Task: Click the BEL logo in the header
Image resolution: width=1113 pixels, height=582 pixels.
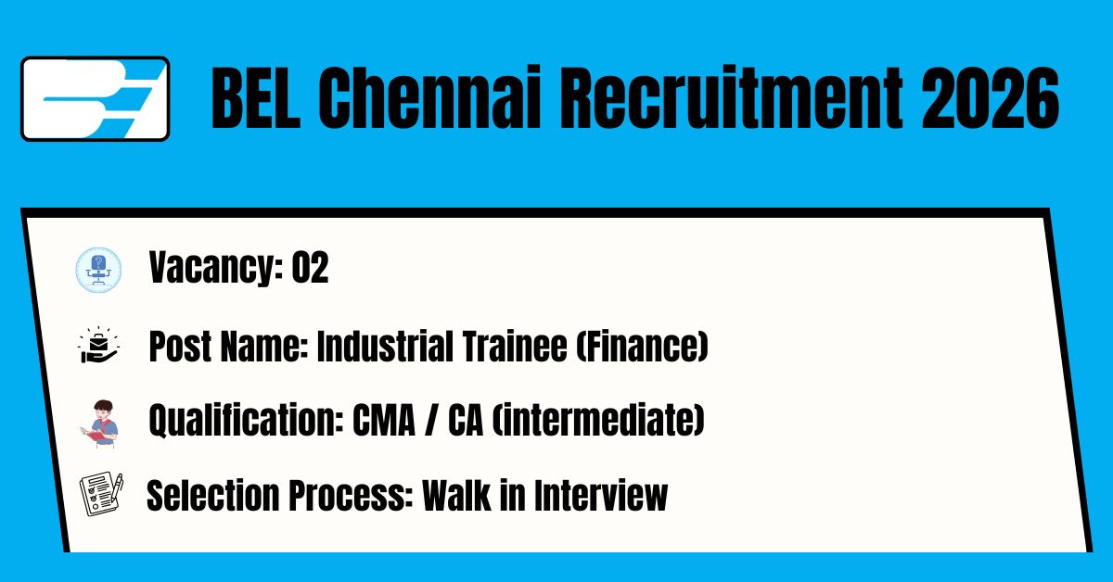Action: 95,99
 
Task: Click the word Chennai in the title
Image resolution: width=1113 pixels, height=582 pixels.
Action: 429,98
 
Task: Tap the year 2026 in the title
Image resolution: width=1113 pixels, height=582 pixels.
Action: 991,98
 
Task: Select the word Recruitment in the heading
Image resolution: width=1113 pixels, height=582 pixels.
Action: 732,98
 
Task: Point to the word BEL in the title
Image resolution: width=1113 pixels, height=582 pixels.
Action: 255,98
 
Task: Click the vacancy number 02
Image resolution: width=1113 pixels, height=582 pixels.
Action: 310,268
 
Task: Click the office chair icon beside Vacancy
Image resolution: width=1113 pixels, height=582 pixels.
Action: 98,270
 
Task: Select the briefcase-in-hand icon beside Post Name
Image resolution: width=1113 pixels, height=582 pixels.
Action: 98,345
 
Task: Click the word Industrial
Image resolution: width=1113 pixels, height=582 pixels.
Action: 385,346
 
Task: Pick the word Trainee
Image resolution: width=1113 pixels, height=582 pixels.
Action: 515,346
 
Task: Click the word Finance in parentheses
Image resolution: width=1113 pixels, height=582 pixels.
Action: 642,346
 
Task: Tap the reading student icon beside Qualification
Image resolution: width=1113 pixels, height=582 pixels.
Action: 100,424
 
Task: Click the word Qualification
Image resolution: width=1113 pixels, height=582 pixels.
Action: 246,420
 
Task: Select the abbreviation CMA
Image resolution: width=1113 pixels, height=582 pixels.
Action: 384,420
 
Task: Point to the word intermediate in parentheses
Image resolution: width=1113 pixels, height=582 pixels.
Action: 598,420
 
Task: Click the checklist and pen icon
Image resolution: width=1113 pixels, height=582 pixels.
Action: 101,494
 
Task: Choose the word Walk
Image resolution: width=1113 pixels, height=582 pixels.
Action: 456,495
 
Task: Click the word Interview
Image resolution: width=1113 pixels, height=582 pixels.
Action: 601,495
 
